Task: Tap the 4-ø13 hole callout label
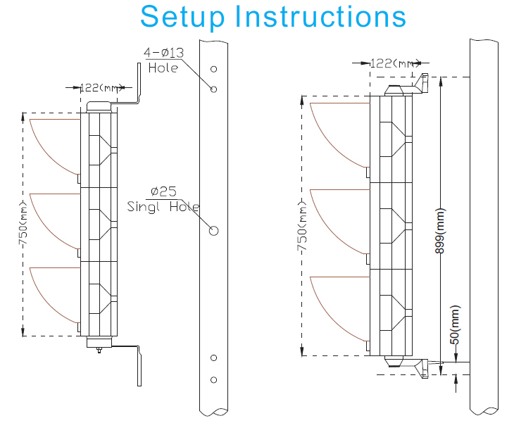pyautogui.click(x=164, y=53)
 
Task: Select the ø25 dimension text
pyautogui.click(x=163, y=191)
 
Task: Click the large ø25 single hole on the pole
pyautogui.click(x=214, y=230)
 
